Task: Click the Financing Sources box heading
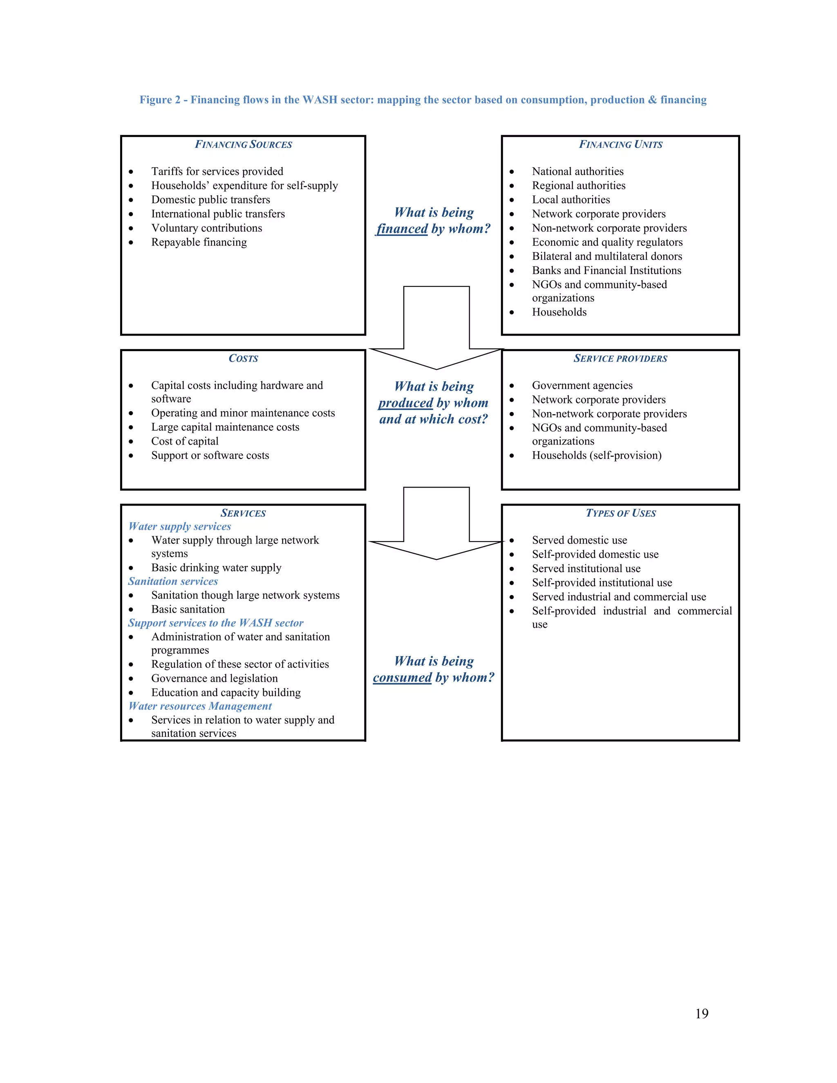[x=243, y=144]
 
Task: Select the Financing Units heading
[x=620, y=144]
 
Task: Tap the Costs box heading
[x=243, y=358]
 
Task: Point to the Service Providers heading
[x=620, y=358]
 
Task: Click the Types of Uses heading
[x=620, y=513]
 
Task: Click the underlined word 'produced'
[x=405, y=403]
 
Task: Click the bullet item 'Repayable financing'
[x=199, y=242]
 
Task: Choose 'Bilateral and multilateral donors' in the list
[x=607, y=256]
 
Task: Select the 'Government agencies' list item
[x=582, y=385]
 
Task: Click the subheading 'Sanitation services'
[x=173, y=581]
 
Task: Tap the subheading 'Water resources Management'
[x=200, y=706]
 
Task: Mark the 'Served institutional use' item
[x=586, y=568]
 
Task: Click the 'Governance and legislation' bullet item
[x=214, y=678]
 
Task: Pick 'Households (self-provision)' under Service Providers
[x=597, y=455]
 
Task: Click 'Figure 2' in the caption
[x=160, y=100]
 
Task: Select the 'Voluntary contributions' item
[x=206, y=228]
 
